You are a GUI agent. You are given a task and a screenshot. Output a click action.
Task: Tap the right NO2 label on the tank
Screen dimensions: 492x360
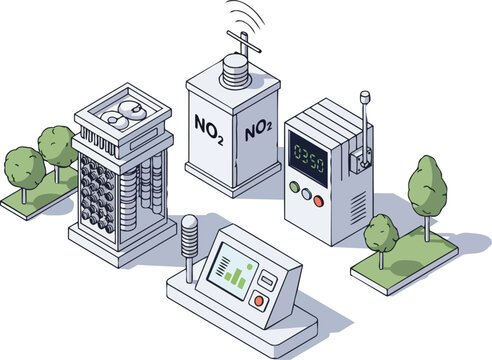pos(257,127)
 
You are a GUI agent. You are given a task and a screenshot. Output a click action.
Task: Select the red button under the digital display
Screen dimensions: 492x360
pos(318,199)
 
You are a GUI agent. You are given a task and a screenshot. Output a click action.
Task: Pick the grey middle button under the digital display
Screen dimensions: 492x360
pos(306,193)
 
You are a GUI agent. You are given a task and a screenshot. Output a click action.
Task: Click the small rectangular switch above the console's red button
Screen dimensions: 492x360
pos(266,279)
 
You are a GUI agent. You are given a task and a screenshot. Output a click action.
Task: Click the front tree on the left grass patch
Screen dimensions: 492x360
pos(22,169)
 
